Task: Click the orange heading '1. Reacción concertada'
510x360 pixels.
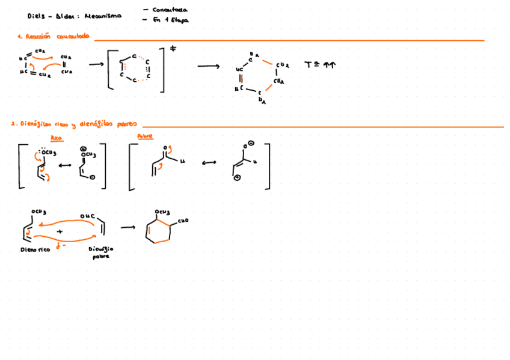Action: coord(54,37)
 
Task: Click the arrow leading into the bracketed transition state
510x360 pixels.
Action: coord(95,66)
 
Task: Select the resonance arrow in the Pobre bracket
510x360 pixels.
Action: coord(207,162)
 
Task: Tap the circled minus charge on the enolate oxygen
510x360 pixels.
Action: coord(251,143)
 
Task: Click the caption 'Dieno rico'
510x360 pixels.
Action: coord(35,249)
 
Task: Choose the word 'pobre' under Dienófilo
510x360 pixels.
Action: coord(100,256)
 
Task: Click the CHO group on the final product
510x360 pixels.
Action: coord(182,220)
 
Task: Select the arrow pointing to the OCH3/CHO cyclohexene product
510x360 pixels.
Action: coord(127,227)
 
